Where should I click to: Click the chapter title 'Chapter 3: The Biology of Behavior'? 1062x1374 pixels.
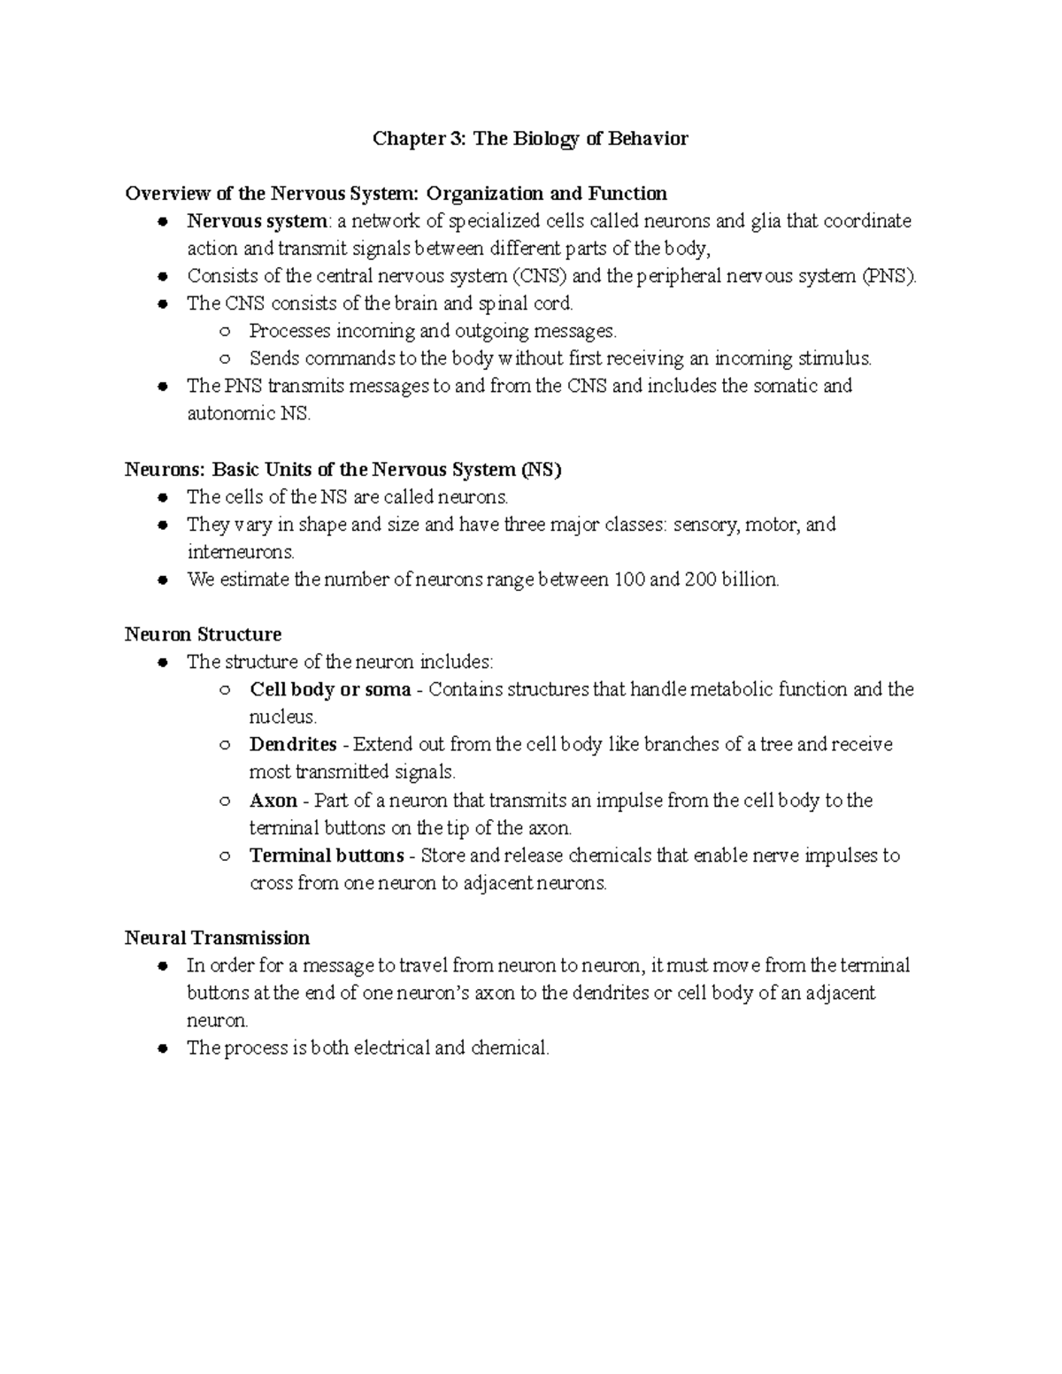coord(530,139)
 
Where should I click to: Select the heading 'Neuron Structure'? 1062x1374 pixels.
coord(203,634)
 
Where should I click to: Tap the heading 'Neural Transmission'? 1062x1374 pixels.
coord(217,938)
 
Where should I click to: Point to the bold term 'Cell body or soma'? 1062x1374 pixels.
coord(330,689)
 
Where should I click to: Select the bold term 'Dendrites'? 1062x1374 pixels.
coord(293,745)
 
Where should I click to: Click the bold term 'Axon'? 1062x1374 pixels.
coord(273,801)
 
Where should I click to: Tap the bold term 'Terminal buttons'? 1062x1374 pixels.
coord(327,856)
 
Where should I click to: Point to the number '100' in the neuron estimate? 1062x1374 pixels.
coord(628,580)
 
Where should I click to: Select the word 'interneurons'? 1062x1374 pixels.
coord(241,552)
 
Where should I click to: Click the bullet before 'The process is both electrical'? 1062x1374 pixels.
coord(162,1049)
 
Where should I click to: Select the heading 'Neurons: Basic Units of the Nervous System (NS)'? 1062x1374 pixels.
coord(343,470)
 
